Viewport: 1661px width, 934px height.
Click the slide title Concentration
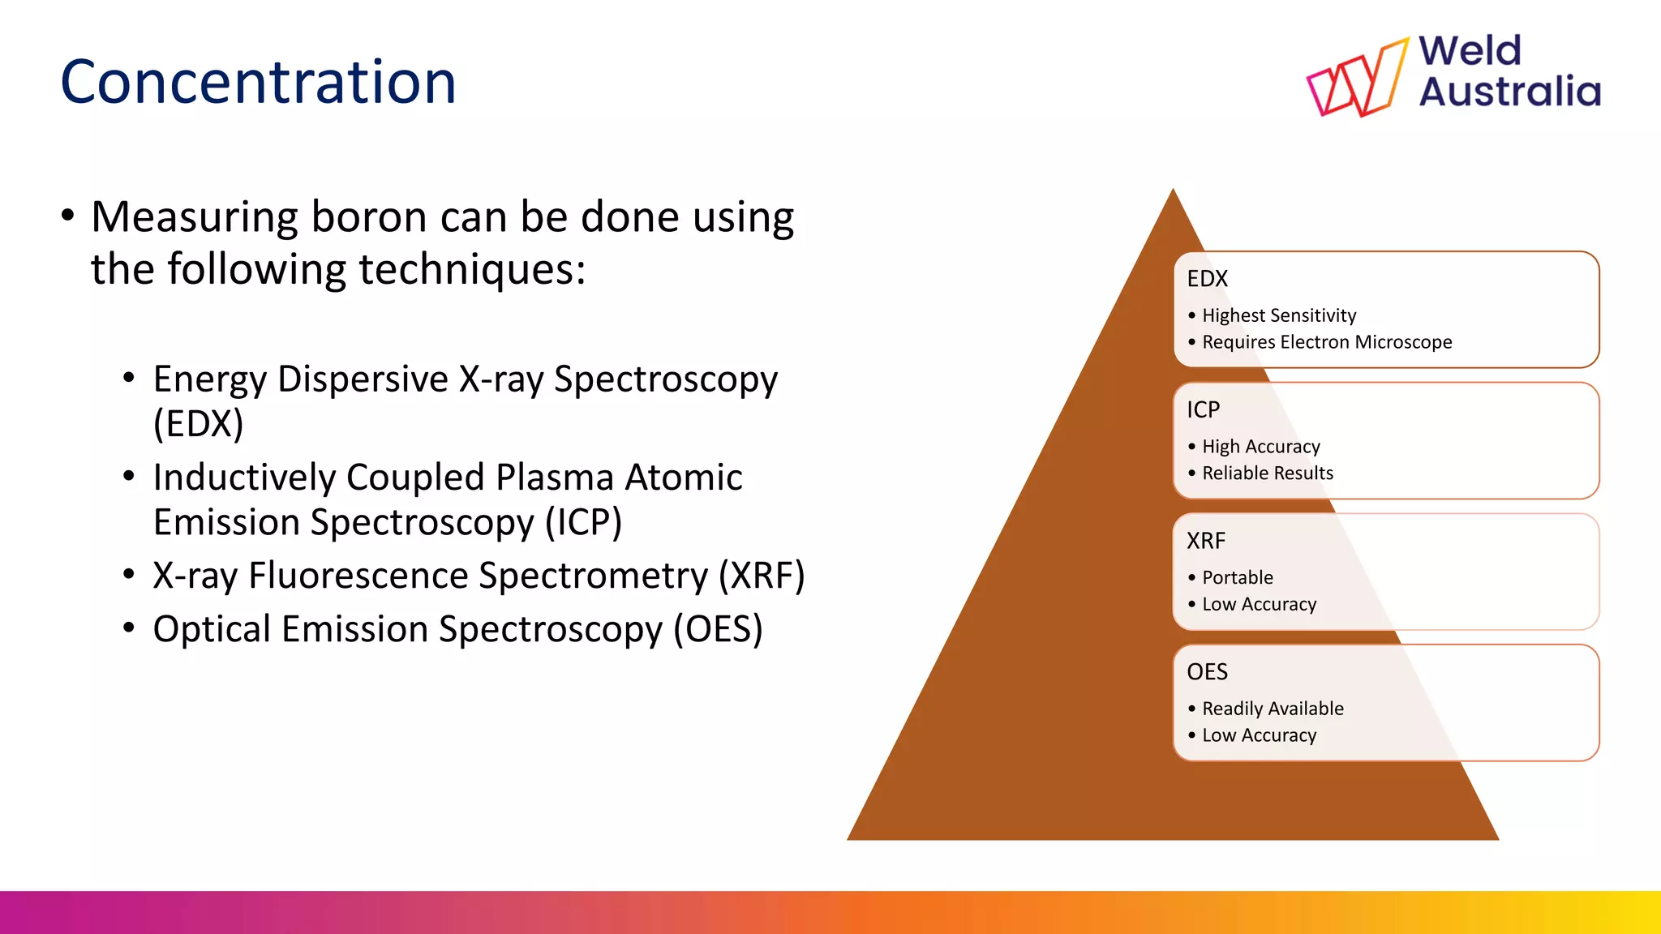(x=258, y=83)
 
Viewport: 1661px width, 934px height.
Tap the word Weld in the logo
(x=1470, y=51)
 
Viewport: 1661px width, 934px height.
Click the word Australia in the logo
(x=1509, y=91)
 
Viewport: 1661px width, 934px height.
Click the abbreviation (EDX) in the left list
(x=199, y=423)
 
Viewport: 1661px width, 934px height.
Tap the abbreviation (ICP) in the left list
(x=583, y=522)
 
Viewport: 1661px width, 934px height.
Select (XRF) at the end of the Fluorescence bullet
(x=762, y=576)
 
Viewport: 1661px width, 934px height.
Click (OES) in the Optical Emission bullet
(x=718, y=629)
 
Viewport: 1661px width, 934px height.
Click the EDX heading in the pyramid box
(x=1207, y=279)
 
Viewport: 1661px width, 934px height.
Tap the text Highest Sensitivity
(x=1278, y=315)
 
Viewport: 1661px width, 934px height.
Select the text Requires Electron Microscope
(x=1326, y=342)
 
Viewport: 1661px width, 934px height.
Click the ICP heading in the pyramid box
(x=1203, y=410)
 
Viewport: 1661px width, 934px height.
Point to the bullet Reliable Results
(x=1267, y=473)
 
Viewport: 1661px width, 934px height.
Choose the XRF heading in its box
(x=1205, y=541)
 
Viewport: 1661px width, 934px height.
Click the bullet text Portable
(x=1237, y=578)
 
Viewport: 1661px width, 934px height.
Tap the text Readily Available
(x=1272, y=709)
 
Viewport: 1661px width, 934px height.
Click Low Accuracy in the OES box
(x=1259, y=735)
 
